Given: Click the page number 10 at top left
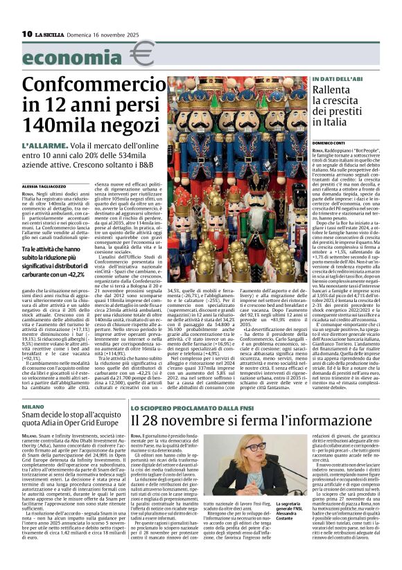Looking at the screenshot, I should tap(27, 34).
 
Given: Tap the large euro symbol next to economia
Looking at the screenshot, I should tap(143, 54).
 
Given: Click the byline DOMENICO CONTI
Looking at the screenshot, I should tap(329, 143).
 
